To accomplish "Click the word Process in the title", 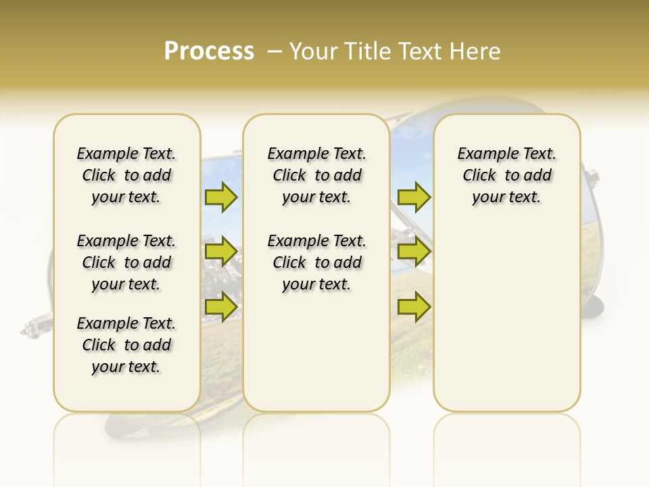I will tap(209, 51).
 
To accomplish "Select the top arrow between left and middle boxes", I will tap(221, 197).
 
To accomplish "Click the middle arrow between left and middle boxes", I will tap(221, 252).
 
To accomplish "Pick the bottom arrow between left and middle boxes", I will tap(221, 306).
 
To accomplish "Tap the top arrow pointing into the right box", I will tap(414, 197).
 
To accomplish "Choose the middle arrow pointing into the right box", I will tap(414, 252).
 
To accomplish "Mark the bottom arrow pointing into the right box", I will tap(414, 306).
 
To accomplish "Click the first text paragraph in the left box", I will tap(126, 175).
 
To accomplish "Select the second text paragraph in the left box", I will tap(126, 262).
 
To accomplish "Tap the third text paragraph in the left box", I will tap(126, 345).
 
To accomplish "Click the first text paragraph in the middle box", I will tap(316, 175).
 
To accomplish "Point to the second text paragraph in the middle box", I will tap(316, 262).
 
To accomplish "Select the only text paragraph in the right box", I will tap(506, 175).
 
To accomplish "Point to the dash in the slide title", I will tap(274, 51).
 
